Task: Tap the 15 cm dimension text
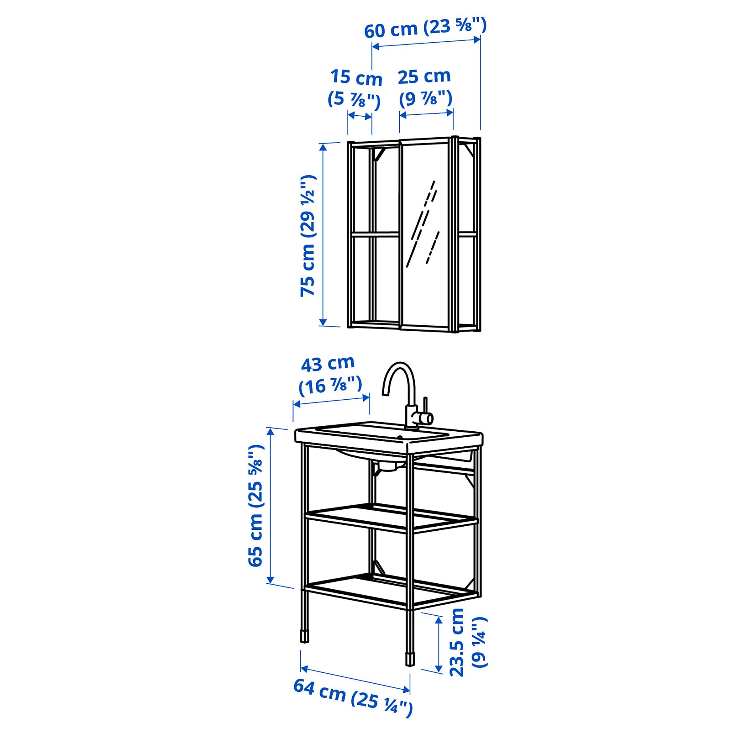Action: point(356,77)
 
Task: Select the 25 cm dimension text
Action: point(424,76)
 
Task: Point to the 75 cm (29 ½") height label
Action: point(308,236)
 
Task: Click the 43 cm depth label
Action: point(328,364)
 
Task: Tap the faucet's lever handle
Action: point(426,408)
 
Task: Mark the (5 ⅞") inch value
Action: point(354,99)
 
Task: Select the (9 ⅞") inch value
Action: point(425,98)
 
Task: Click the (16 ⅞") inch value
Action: point(330,385)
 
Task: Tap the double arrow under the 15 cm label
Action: point(360,116)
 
